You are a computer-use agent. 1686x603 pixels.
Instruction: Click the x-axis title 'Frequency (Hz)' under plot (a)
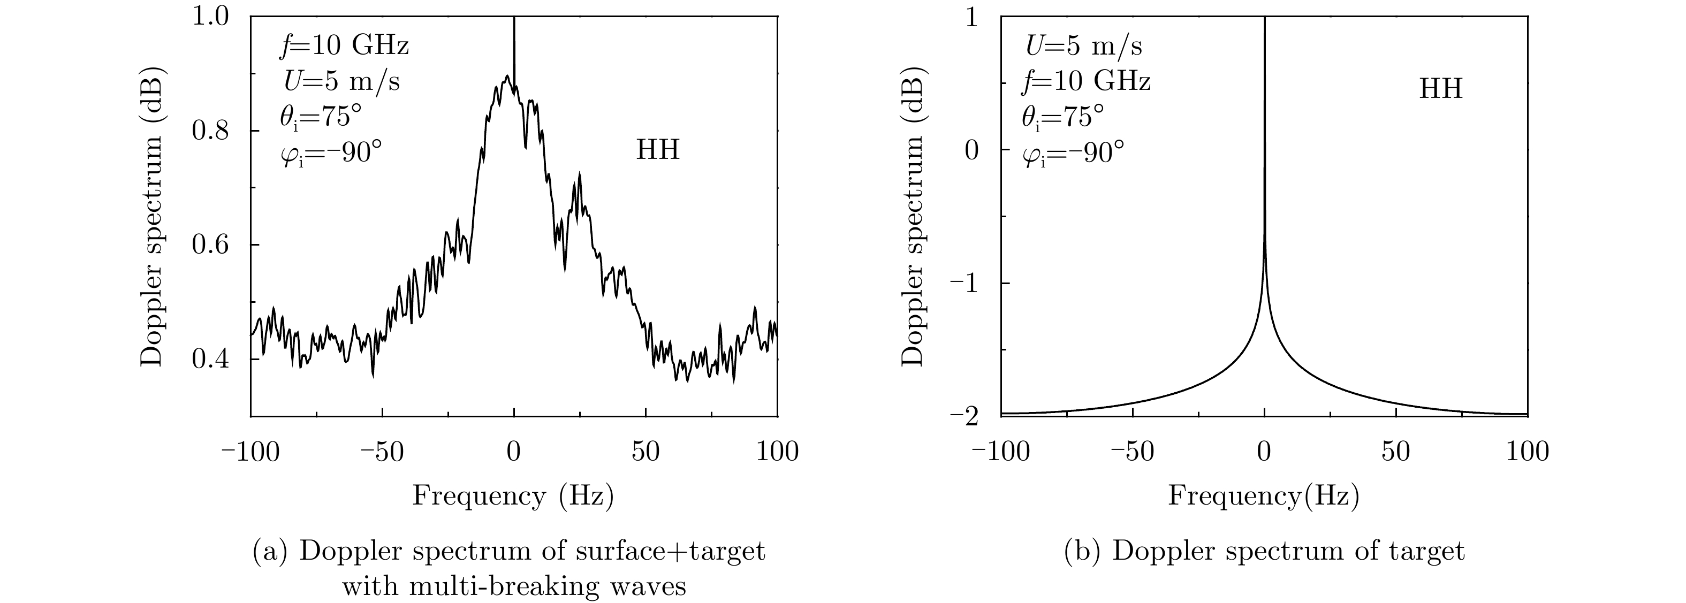point(513,496)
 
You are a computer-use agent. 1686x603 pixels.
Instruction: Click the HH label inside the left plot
point(658,150)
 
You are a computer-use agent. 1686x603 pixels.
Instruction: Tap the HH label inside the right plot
point(1440,88)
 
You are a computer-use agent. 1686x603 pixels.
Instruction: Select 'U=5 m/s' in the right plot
point(1084,46)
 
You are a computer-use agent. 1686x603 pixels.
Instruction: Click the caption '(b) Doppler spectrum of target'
point(1264,551)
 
